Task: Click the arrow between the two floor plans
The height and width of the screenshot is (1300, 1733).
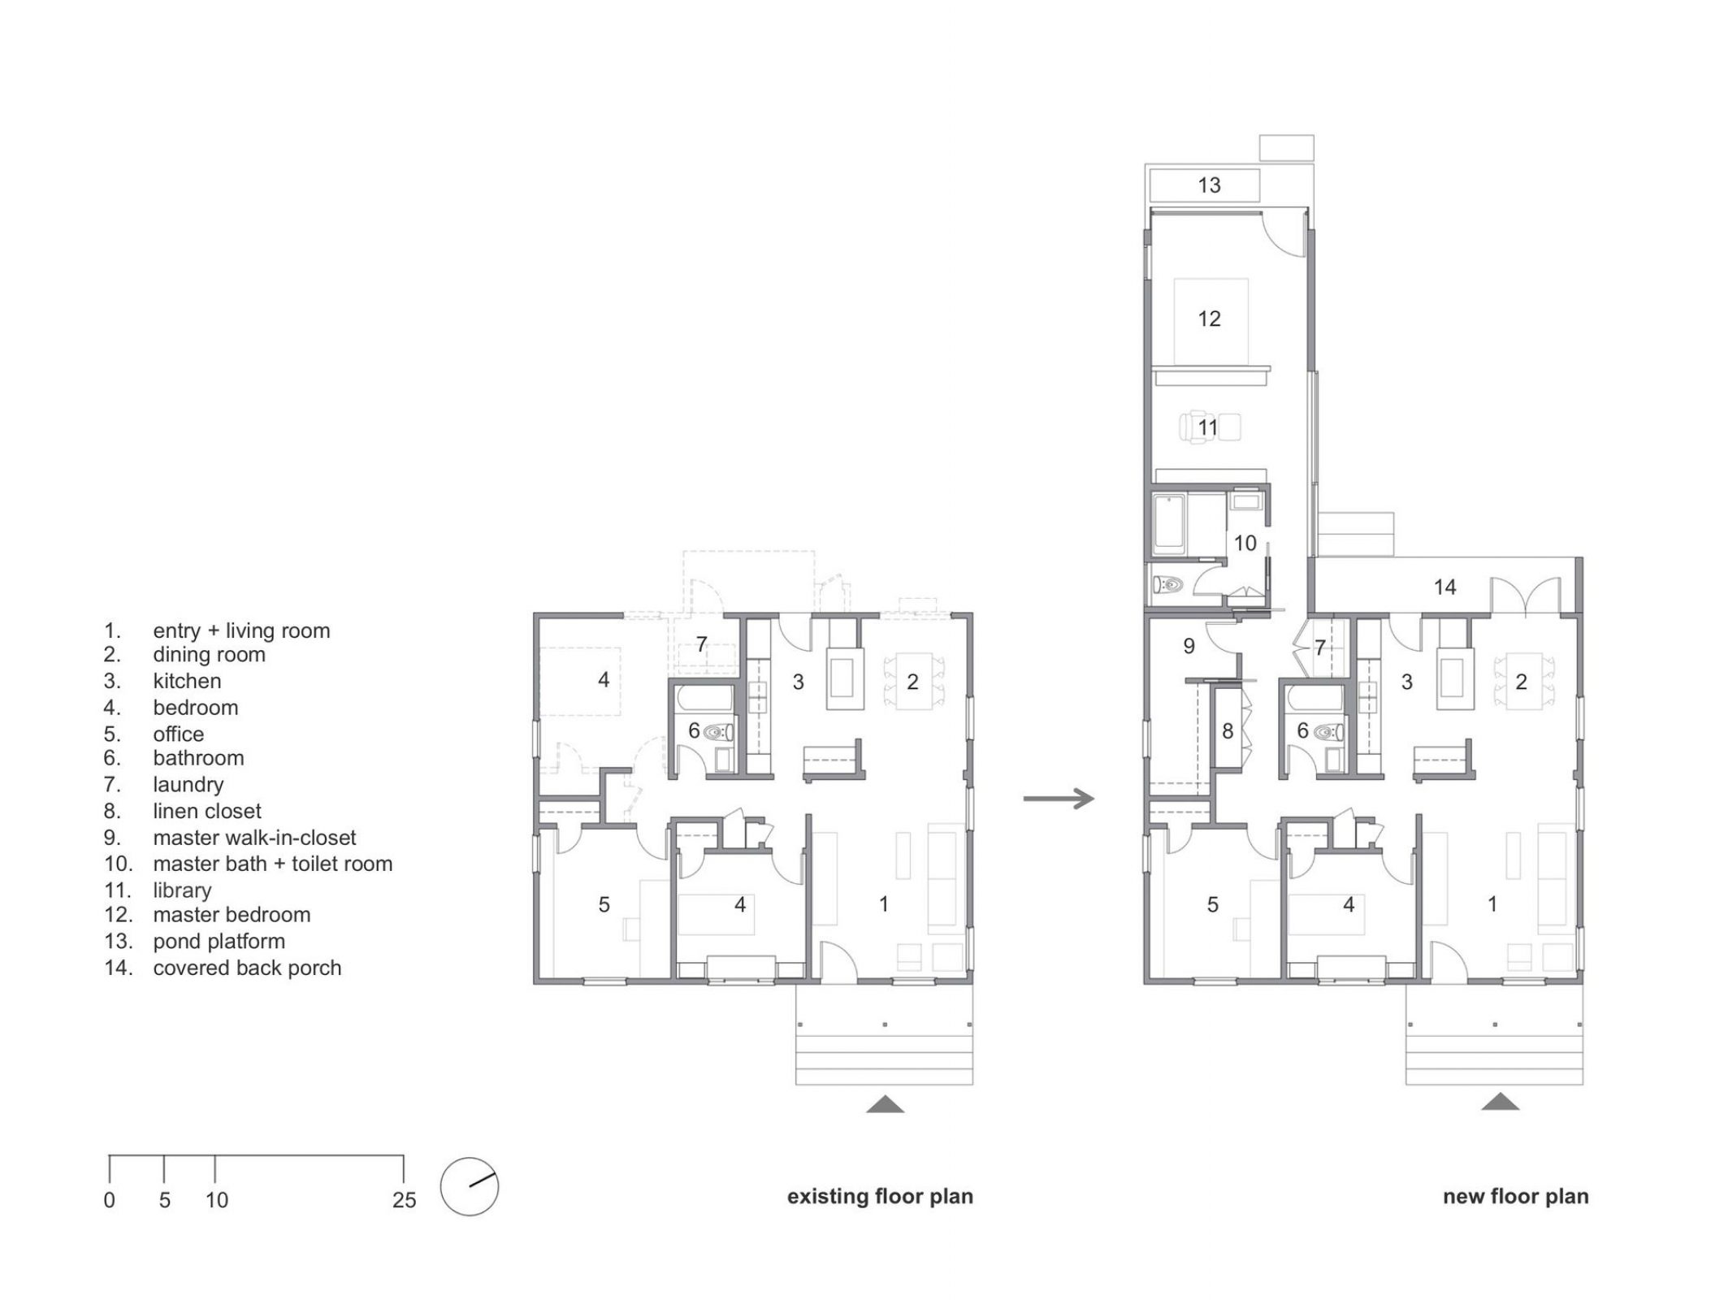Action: click(1059, 798)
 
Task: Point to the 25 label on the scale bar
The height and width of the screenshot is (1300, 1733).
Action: click(404, 1200)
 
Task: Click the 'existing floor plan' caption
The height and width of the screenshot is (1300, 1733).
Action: click(880, 1196)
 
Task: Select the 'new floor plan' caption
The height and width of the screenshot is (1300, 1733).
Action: click(1515, 1196)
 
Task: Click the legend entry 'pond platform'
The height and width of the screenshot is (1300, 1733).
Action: click(219, 941)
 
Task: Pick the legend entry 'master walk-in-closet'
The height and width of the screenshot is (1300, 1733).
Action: click(254, 837)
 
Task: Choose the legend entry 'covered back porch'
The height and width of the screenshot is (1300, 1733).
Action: click(247, 968)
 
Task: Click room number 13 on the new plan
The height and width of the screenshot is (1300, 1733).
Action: click(1209, 185)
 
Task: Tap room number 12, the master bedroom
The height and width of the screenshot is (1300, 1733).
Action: click(1209, 318)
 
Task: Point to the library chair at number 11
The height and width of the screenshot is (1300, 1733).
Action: click(1198, 427)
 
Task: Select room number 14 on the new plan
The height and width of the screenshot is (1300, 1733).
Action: click(1445, 587)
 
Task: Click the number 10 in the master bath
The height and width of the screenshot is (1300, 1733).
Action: click(1246, 543)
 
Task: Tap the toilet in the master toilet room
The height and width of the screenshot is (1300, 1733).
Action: click(1168, 585)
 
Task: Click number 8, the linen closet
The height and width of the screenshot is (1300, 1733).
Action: click(1228, 731)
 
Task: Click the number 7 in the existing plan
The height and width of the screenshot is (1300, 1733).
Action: click(701, 645)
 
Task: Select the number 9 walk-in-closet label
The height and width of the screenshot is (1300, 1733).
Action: click(1189, 646)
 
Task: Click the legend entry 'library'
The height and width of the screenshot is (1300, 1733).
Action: click(182, 890)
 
